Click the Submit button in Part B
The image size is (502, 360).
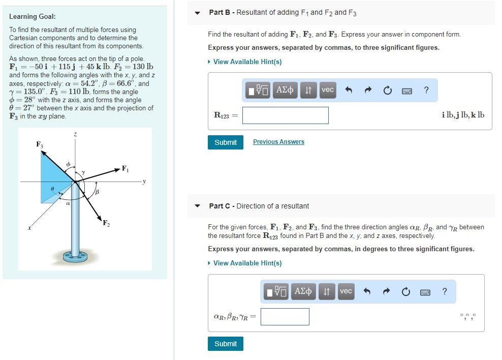(225, 142)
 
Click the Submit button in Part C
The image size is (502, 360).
(225, 344)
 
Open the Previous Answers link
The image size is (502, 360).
(278, 142)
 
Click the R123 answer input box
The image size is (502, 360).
(285, 115)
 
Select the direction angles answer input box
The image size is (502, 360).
(285, 317)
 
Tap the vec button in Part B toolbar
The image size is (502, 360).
(328, 90)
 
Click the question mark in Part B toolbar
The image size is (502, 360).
(426, 91)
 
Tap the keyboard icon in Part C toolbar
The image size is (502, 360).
(425, 292)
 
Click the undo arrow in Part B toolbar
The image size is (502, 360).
(349, 91)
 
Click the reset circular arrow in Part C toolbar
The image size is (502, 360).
(406, 292)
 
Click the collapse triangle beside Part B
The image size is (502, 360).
(198, 13)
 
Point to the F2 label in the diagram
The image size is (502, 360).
(106, 223)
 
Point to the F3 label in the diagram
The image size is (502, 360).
(40, 145)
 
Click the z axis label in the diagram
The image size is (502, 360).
(75, 134)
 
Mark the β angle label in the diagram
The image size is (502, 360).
(97, 192)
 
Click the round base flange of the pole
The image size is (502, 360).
(75, 256)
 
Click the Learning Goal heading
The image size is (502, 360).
(33, 17)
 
